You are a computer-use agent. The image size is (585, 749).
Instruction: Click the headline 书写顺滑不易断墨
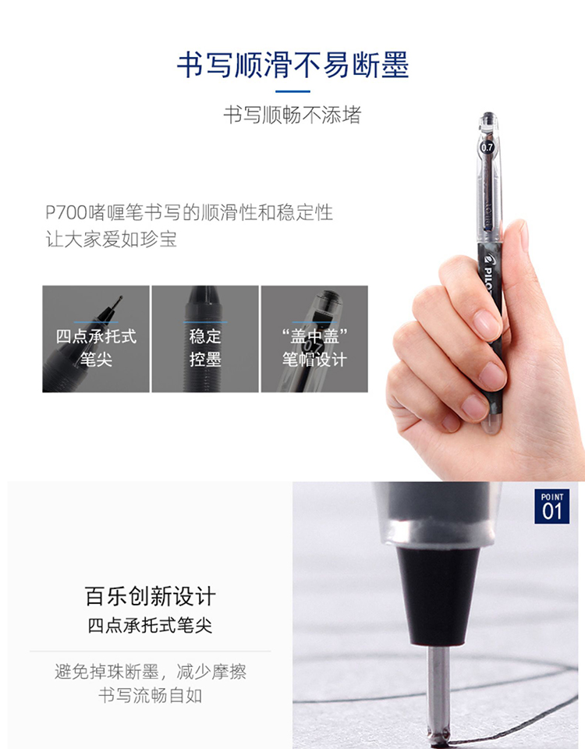pyautogui.click(x=292, y=65)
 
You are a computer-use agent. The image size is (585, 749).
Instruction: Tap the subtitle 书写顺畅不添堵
pyautogui.click(x=292, y=115)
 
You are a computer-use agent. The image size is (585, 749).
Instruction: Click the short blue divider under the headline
pyautogui.click(x=292, y=91)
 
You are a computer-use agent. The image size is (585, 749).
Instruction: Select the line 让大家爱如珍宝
pyautogui.click(x=112, y=239)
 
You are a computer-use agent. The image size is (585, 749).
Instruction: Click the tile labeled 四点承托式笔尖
pyautogui.click(x=96, y=339)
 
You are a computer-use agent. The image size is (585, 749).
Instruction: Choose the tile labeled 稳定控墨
pyautogui.click(x=205, y=339)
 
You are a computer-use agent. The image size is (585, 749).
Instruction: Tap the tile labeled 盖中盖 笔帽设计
pyautogui.click(x=314, y=339)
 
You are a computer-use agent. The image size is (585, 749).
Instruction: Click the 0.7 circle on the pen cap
pyautogui.click(x=487, y=147)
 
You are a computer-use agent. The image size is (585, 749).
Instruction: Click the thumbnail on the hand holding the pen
pyautogui.click(x=522, y=236)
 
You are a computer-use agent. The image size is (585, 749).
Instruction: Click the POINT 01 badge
pyautogui.click(x=552, y=506)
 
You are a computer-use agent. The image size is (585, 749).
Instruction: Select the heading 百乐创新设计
pyautogui.click(x=151, y=597)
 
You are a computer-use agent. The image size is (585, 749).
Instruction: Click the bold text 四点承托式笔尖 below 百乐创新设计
pyautogui.click(x=150, y=626)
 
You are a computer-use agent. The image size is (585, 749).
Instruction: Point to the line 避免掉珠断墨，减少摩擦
pyautogui.click(x=151, y=672)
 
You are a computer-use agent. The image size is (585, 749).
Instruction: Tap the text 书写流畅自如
pyautogui.click(x=151, y=695)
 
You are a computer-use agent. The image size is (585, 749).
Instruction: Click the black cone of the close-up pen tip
pyautogui.click(x=438, y=596)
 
